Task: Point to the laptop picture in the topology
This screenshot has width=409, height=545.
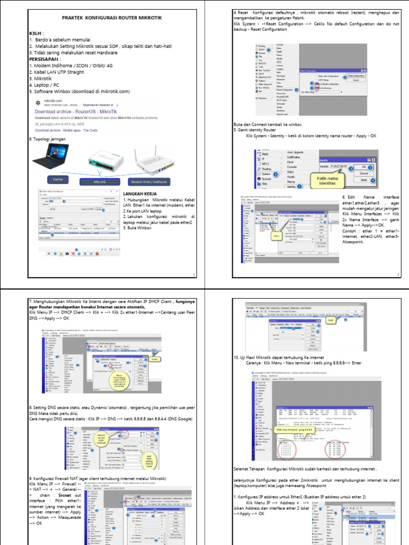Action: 53,159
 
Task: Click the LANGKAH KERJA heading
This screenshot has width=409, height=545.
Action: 142,194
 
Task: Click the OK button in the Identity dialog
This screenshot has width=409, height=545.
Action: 364,167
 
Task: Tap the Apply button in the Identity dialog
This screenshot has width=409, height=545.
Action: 364,180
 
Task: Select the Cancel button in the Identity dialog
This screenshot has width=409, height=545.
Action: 364,174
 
